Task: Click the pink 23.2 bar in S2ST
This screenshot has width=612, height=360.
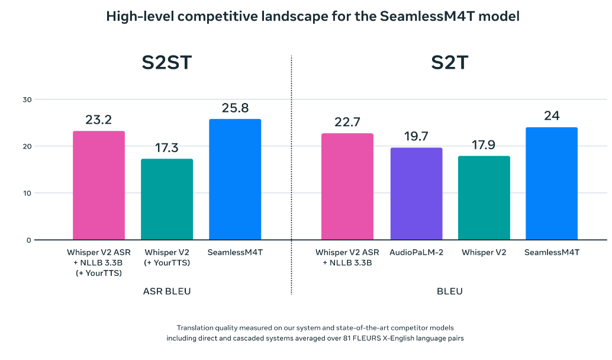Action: pyautogui.click(x=99, y=185)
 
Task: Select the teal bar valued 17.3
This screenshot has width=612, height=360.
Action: pyautogui.click(x=167, y=199)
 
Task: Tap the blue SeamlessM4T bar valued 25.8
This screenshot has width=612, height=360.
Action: pyautogui.click(x=235, y=179)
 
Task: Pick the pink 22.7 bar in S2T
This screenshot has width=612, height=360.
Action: pyautogui.click(x=347, y=187)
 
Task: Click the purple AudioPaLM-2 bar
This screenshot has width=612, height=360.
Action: pyautogui.click(x=416, y=194)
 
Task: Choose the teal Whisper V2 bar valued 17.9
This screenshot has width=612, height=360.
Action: pyautogui.click(x=484, y=198)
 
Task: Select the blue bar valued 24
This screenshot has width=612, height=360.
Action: pyautogui.click(x=552, y=184)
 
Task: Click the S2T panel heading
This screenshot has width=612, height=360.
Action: pyautogui.click(x=450, y=62)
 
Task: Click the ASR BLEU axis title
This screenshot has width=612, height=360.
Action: pyautogui.click(x=167, y=291)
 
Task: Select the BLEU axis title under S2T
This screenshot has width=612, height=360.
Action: pyautogui.click(x=450, y=291)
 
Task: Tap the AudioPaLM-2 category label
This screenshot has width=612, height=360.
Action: pyautogui.click(x=416, y=252)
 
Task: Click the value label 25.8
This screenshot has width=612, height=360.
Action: pyautogui.click(x=235, y=108)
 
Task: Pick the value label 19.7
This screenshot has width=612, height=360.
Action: pyautogui.click(x=416, y=137)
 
